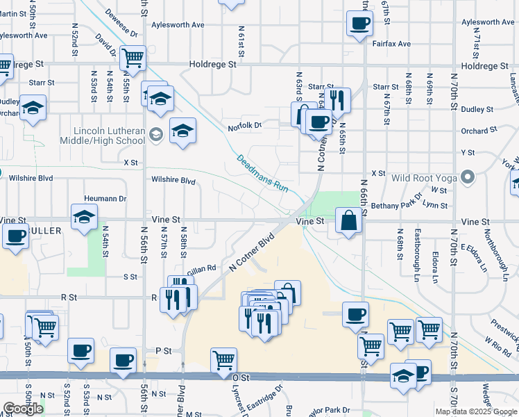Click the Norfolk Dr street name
click(x=245, y=126)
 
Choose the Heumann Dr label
click(x=105, y=198)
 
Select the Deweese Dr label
click(x=122, y=24)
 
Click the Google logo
click(x=23, y=409)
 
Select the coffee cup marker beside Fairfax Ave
click(x=359, y=24)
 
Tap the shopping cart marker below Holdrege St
click(x=132, y=58)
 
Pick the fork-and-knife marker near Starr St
click(x=338, y=99)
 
